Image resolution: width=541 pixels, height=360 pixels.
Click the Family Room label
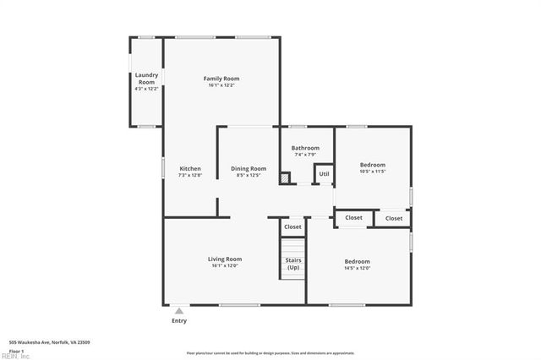click(221, 78)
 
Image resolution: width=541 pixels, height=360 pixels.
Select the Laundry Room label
click(146, 79)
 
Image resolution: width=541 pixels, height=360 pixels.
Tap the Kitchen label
click(190, 168)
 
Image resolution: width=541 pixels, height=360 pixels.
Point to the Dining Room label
click(249, 168)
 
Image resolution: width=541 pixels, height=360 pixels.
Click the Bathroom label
click(305, 148)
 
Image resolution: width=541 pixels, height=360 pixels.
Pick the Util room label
click(324, 174)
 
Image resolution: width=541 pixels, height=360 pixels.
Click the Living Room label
click(225, 259)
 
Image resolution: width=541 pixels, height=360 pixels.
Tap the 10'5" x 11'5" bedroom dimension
click(373, 172)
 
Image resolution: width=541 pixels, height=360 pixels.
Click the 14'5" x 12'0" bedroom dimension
click(357, 269)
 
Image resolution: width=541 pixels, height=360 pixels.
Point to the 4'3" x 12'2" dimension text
click(146, 88)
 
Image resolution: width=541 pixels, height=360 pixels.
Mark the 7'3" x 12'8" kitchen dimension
click(190, 176)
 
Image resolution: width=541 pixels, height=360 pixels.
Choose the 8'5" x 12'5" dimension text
click(249, 176)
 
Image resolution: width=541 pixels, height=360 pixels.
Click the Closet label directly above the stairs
click(292, 226)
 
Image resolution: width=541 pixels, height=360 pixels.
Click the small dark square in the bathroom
click(286, 177)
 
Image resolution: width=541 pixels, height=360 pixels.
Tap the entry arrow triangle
click(179, 311)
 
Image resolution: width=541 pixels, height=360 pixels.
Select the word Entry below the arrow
click(179, 321)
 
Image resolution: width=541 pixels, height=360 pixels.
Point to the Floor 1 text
click(17, 350)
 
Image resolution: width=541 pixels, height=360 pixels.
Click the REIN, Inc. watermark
click(14, 356)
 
